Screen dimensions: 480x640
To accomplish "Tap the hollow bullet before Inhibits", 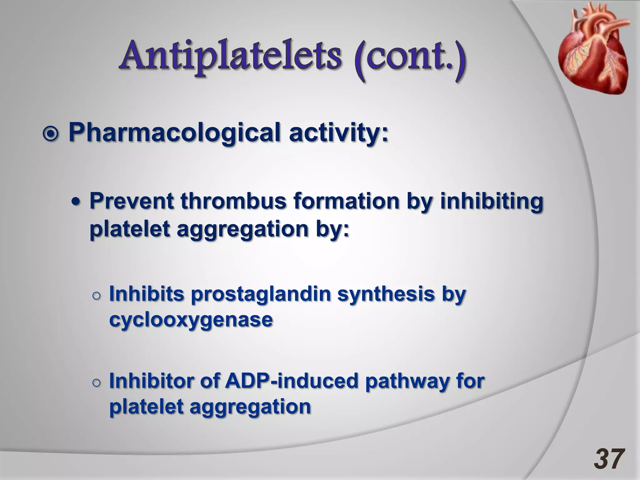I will (97, 295).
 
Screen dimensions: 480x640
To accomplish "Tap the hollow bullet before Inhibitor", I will (97, 382).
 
